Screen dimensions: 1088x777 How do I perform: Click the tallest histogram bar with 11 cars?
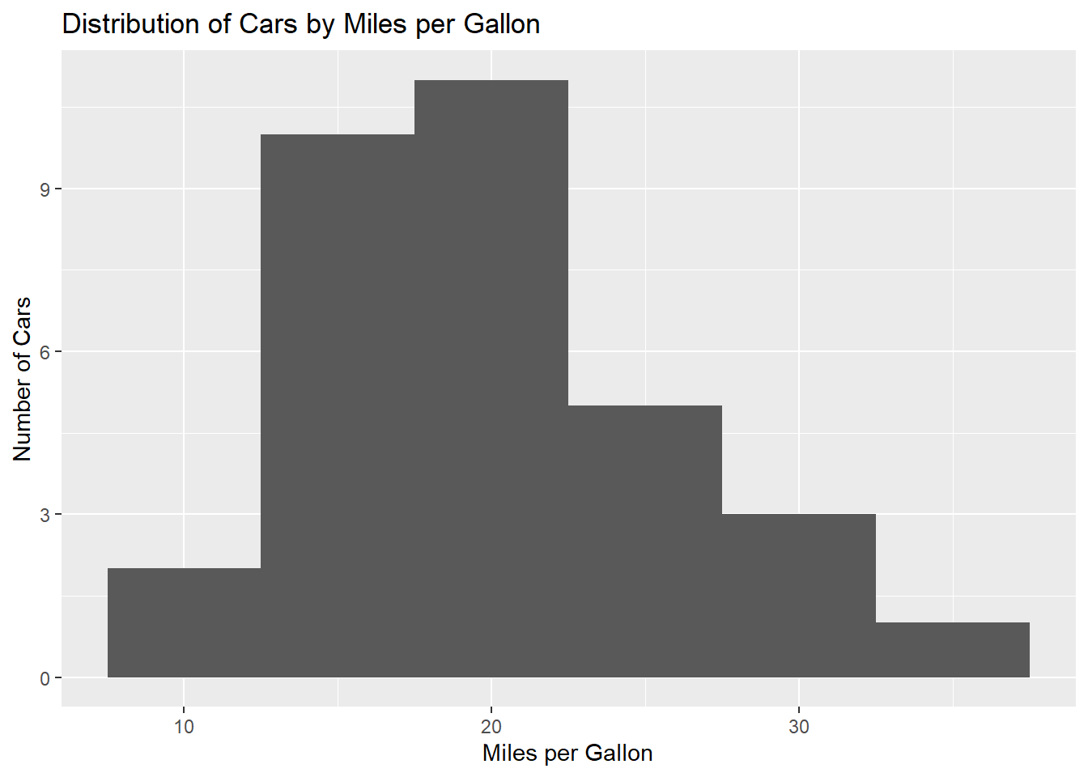(491, 379)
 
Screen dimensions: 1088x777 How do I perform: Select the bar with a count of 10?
(338, 406)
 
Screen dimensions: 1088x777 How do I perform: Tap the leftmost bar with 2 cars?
(184, 622)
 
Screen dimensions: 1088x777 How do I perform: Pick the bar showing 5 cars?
(645, 541)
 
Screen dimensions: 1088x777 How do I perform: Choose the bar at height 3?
(799, 596)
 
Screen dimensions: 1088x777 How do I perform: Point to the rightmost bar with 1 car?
(953, 650)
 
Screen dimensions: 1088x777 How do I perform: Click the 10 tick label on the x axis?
(184, 727)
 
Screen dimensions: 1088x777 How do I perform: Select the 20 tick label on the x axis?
(491, 727)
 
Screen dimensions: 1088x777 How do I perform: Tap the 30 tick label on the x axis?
(799, 727)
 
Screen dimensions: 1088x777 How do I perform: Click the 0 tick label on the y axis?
(45, 678)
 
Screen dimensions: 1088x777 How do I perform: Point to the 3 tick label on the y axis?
(45, 515)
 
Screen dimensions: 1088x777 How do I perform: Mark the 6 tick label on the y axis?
(45, 352)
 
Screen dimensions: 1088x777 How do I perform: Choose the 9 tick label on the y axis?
(45, 189)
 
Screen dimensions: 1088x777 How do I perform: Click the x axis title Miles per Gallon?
(567, 754)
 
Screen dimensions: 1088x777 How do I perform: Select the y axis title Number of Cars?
(22, 379)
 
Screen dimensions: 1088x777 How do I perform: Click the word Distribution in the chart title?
(130, 23)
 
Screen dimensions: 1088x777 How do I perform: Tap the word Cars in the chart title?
(268, 23)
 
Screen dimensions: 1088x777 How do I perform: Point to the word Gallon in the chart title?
(502, 23)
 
